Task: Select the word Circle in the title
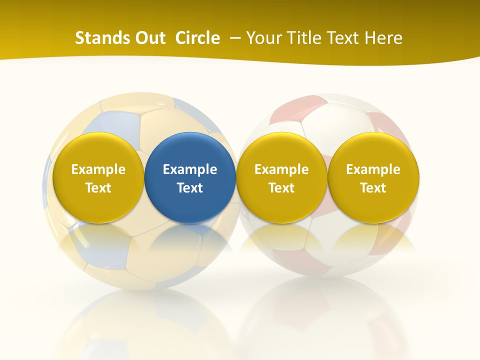coord(197,38)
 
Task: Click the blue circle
coord(190,177)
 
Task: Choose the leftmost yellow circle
coord(98,177)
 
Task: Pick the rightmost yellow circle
coord(373,177)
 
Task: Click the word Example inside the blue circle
coord(190,169)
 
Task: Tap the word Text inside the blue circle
coord(190,188)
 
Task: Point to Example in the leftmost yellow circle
coord(98,169)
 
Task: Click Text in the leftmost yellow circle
coord(98,188)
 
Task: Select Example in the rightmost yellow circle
coord(373,169)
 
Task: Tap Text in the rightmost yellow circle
coord(373,188)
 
